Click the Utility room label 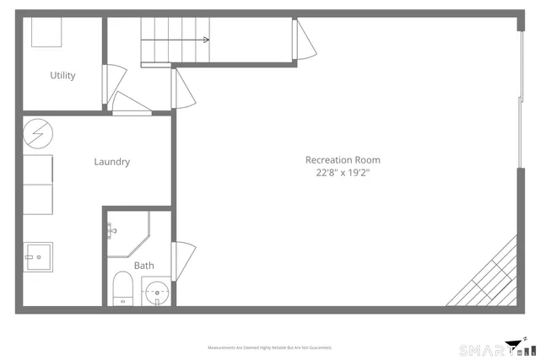click(x=62, y=75)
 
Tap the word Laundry click(x=111, y=162)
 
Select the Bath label click(x=143, y=266)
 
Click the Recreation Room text click(x=343, y=159)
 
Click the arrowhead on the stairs click(x=205, y=40)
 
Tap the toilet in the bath click(x=122, y=288)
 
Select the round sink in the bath click(x=155, y=293)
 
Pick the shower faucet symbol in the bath click(x=110, y=228)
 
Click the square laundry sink click(x=38, y=256)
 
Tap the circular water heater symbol click(x=37, y=132)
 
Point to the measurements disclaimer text click(x=269, y=347)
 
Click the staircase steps click(x=173, y=40)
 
